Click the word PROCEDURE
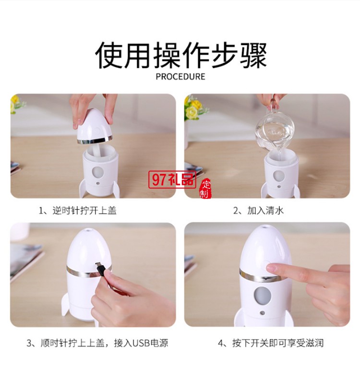(x=180, y=76)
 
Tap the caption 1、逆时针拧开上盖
(x=77, y=210)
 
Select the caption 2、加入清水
(x=258, y=210)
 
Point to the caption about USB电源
(x=97, y=343)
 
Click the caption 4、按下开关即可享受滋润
(x=271, y=343)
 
